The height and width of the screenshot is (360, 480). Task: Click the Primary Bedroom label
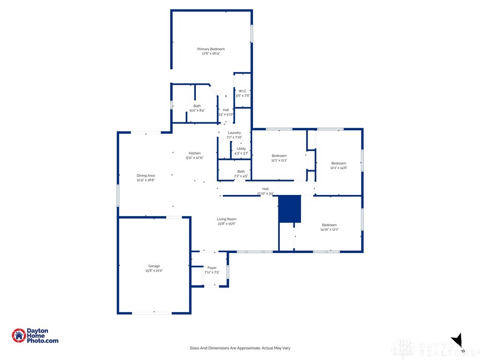210,49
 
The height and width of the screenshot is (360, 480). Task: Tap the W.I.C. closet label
242,91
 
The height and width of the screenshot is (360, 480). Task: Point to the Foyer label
212,268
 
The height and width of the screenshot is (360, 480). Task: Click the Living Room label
226,219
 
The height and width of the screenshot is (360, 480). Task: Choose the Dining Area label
145,175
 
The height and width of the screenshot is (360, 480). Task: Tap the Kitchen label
195,153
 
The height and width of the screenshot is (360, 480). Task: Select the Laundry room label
234,133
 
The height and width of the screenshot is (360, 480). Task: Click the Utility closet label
241,149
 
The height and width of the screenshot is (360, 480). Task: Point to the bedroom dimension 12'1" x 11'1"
279,160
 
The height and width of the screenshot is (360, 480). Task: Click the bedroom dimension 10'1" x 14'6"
338,168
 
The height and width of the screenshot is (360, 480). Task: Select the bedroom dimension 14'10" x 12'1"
329,230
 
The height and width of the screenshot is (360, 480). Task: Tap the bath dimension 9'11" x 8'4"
197,111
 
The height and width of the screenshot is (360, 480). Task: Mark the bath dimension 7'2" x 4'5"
240,176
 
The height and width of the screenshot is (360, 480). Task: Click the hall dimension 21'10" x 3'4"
265,193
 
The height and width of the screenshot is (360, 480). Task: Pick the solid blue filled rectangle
290,209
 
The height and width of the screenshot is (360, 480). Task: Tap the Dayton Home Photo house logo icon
19,335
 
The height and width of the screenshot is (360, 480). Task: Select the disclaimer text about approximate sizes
240,348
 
